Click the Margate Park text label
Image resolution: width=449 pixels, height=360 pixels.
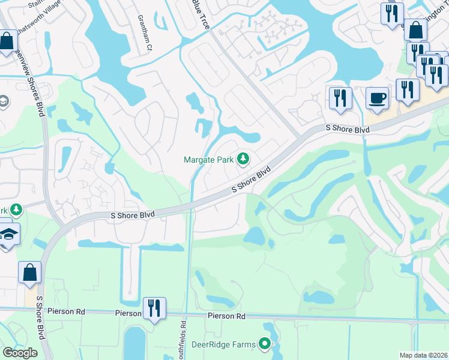[208, 159]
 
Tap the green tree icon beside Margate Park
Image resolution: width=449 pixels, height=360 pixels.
[243, 159]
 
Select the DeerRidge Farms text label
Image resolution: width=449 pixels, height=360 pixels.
[223, 344]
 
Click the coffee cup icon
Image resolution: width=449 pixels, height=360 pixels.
[377, 98]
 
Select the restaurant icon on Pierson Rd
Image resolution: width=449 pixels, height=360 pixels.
[154, 308]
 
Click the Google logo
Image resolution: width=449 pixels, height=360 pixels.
[20, 353]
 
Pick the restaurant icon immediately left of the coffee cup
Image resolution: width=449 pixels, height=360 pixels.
[340, 98]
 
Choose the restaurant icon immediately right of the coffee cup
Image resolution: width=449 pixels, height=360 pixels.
[408, 89]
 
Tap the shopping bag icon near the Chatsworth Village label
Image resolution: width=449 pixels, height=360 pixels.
[7, 41]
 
